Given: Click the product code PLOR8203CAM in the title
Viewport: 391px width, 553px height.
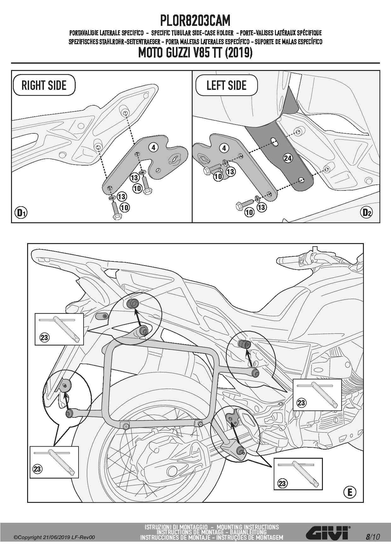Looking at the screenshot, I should [x=195, y=21].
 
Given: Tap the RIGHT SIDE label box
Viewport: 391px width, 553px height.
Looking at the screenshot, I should [x=44, y=85].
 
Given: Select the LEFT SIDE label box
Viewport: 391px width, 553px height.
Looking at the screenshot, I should [x=226, y=85].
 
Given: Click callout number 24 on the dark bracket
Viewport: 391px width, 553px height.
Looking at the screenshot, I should [x=288, y=158].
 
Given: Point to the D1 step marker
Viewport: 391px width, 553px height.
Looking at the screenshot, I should [x=21, y=213].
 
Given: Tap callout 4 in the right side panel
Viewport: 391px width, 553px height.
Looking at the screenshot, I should [x=153, y=147].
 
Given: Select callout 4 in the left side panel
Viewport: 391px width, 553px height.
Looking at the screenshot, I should [x=224, y=148].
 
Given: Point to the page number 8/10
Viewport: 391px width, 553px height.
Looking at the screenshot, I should [x=372, y=537].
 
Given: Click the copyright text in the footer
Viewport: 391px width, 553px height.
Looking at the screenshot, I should [x=54, y=537].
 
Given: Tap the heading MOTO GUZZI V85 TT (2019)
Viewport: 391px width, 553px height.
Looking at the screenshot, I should [x=195, y=53].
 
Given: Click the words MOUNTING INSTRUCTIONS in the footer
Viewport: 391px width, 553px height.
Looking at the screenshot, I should [x=248, y=527].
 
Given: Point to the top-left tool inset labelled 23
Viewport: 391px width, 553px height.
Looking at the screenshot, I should [x=59, y=329].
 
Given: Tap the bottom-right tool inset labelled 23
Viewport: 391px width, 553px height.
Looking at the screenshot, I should [x=298, y=474].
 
